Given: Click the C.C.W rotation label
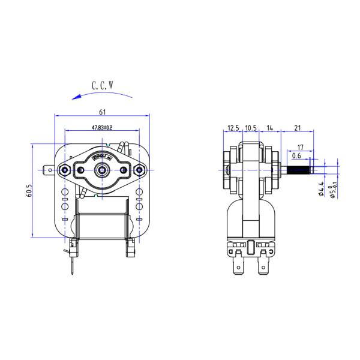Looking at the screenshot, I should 103,86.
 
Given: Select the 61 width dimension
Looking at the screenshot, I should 103,112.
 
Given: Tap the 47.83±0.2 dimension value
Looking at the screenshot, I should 102,128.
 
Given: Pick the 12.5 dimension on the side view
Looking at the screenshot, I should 233,128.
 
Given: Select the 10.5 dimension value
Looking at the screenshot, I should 251,128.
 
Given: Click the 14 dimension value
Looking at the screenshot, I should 271,128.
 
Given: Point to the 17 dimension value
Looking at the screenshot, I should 300,146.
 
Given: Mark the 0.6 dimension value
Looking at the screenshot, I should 296,156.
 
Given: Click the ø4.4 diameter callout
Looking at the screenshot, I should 322,188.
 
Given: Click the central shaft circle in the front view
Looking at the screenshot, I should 102,170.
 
